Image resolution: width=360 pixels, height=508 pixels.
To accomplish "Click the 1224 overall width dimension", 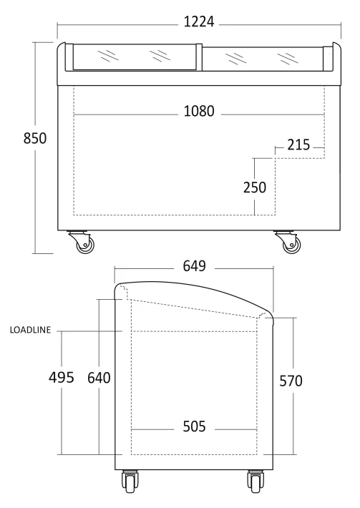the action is tap(199, 22).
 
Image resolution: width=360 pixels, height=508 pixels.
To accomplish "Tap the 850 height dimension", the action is tap(35, 138).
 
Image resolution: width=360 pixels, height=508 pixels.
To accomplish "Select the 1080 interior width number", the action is tap(199, 111).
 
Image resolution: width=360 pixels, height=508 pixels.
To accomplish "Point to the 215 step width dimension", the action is tap(298, 145).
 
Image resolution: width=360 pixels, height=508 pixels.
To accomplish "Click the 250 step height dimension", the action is tap(255, 187).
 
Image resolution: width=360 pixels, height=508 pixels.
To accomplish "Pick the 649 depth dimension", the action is tap(195, 266).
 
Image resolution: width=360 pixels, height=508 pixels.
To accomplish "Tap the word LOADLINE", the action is tap(31, 330).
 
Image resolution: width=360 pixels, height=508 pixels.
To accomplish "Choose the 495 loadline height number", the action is tap(62, 378).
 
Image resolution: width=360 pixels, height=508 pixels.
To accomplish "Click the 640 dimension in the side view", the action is tap(99, 378).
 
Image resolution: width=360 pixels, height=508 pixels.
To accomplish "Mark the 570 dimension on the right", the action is tap(291, 381).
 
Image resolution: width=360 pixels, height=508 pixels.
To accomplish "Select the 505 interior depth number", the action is tap(195, 426).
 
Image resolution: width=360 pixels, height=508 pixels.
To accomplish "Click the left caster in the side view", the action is tap(130, 482).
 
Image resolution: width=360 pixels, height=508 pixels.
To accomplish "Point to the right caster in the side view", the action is tap(256, 482).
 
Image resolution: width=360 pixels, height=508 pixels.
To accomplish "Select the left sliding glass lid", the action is tap(135, 57).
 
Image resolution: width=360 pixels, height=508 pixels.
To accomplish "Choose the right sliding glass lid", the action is tap(263, 59).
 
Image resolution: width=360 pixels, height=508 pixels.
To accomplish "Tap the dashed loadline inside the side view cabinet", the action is tap(194, 331).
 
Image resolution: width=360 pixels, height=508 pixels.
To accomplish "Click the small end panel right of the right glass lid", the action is tap(329, 59).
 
